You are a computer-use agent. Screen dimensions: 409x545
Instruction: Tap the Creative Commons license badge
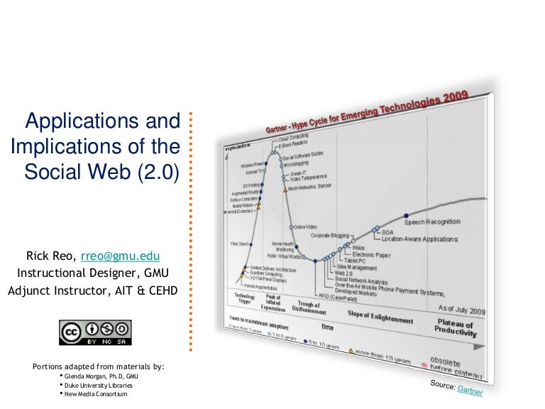tap(95, 332)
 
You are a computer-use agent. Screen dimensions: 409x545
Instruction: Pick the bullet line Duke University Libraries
tap(99, 385)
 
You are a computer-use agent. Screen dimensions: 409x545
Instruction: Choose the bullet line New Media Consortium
tap(96, 394)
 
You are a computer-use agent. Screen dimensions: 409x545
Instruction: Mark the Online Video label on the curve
tap(306, 227)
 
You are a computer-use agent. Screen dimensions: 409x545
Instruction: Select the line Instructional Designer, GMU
tap(93, 273)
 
